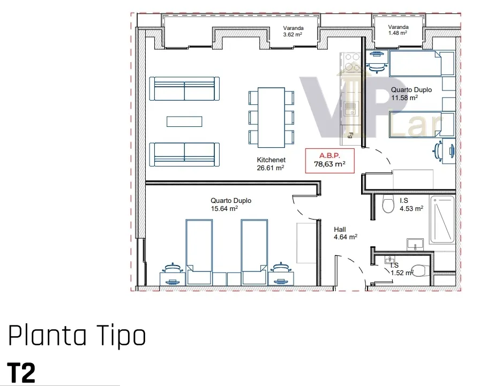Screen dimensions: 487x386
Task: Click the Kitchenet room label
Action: click(x=271, y=164)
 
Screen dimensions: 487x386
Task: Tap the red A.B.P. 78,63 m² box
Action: click(x=330, y=161)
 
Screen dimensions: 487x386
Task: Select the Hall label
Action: click(x=346, y=233)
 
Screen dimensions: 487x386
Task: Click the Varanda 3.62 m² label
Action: click(x=293, y=32)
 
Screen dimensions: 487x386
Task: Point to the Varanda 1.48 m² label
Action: click(x=398, y=30)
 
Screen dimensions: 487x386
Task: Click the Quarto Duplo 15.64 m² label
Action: click(x=231, y=205)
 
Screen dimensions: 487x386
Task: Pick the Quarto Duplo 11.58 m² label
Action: click(x=411, y=94)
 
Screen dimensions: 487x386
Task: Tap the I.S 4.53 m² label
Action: click(x=411, y=205)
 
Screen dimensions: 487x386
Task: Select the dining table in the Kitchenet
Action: click(x=271, y=118)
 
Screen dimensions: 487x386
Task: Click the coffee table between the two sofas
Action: click(x=184, y=122)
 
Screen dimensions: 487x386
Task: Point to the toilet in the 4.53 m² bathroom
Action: click(x=388, y=204)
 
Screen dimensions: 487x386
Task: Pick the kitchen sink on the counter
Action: click(x=351, y=109)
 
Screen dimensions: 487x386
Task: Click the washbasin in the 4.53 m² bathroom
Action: click(x=415, y=244)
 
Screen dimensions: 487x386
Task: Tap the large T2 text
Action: click(x=21, y=373)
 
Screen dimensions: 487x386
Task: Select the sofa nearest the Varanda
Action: click(x=184, y=89)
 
